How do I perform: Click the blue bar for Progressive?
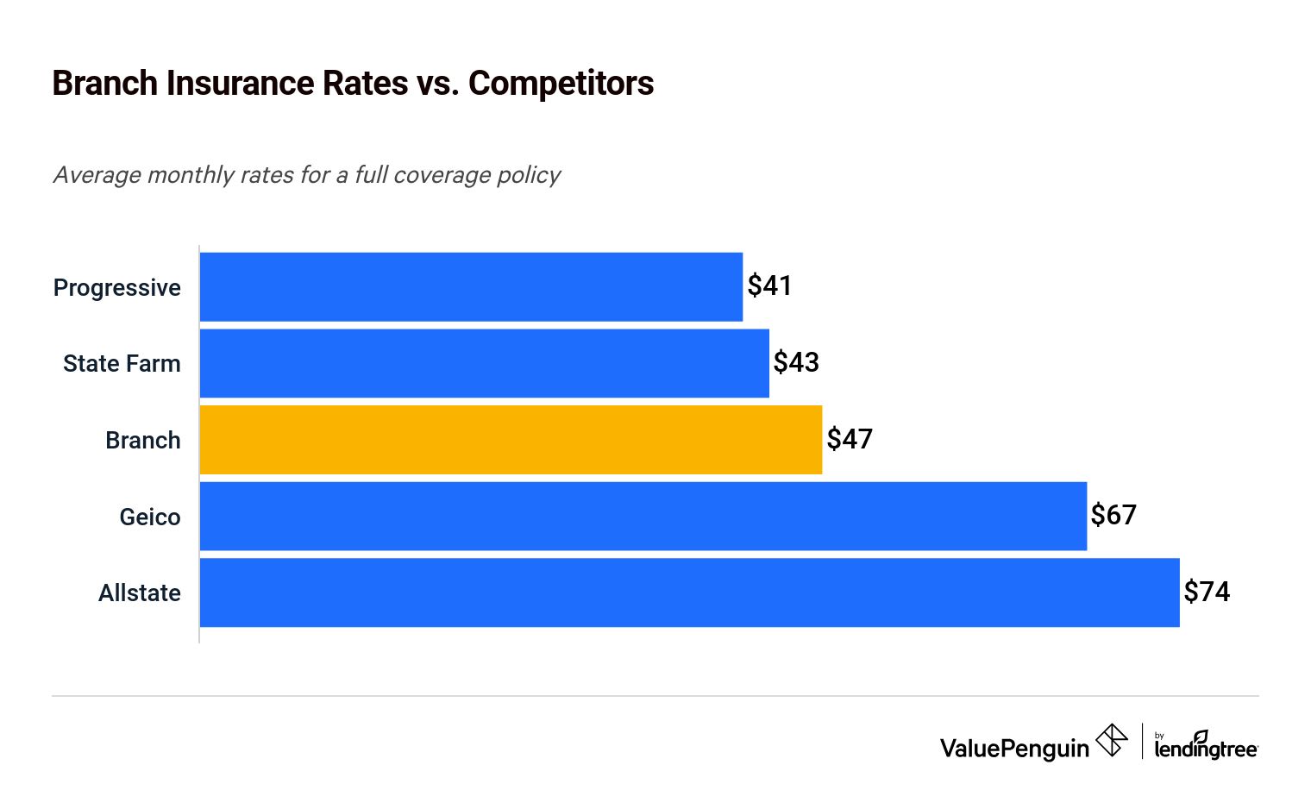[x=471, y=287]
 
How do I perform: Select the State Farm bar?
[x=484, y=363]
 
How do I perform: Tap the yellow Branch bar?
[x=511, y=440]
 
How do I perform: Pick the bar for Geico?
[x=643, y=516]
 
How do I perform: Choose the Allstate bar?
[x=689, y=592]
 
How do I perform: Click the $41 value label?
[x=769, y=285]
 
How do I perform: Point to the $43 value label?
[x=795, y=362]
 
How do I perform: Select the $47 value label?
[x=850, y=439]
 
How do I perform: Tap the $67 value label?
[x=1113, y=515]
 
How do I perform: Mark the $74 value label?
[x=1207, y=592]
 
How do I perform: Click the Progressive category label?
[x=117, y=288]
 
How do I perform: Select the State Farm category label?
[x=122, y=364]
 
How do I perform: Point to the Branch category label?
[x=143, y=441]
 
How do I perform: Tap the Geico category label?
[x=150, y=517]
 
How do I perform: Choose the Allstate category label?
[x=140, y=593]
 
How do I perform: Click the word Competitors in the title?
[x=561, y=84]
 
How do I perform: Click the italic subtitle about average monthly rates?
[x=307, y=175]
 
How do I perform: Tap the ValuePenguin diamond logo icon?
[x=1112, y=741]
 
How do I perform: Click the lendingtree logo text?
[x=1206, y=749]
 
